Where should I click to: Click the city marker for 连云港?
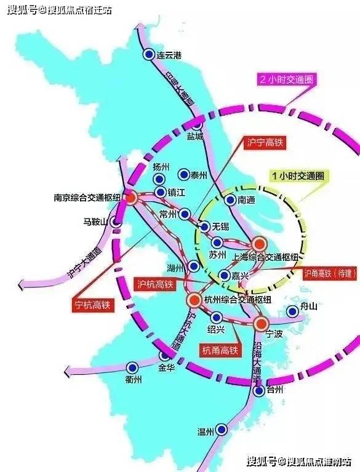[148, 55]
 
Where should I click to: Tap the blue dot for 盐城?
[198, 124]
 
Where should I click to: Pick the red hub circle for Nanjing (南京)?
[131, 198]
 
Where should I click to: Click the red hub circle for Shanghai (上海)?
[259, 244]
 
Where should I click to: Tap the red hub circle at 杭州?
[193, 300]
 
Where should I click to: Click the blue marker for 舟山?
[293, 312]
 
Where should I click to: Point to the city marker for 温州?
[222, 430]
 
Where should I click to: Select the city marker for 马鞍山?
[114, 222]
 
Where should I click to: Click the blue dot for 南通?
[230, 199]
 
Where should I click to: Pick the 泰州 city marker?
[183, 174]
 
